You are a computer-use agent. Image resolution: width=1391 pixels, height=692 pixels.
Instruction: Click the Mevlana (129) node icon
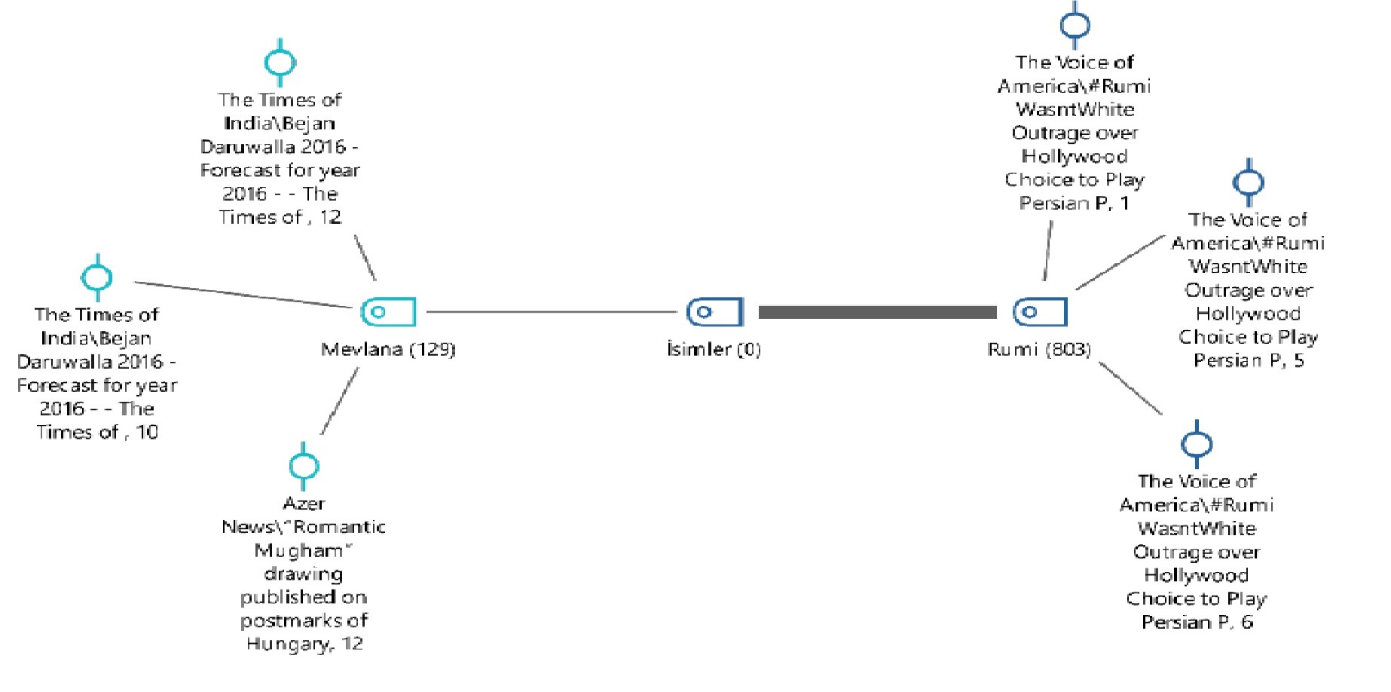pyautogui.click(x=388, y=311)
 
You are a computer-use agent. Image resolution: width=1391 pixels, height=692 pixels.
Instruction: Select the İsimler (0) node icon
pyautogui.click(x=714, y=311)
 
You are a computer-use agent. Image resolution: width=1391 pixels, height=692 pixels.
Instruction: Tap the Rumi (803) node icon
pyautogui.click(x=1040, y=311)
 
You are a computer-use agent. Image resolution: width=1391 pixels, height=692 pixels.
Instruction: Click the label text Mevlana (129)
pyautogui.click(x=388, y=349)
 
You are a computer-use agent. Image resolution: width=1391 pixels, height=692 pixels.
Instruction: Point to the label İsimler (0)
pyautogui.click(x=714, y=349)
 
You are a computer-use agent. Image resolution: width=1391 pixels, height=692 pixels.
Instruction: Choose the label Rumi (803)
pyautogui.click(x=1039, y=349)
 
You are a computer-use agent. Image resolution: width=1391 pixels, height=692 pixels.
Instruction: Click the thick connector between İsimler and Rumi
pyautogui.click(x=877, y=312)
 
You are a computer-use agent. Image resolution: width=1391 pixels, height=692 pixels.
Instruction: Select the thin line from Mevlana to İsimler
pyautogui.click(x=550, y=311)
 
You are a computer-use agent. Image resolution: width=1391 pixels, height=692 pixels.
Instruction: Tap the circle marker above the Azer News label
pyautogui.click(x=304, y=465)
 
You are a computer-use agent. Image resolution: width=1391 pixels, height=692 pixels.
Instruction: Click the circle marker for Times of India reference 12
pyautogui.click(x=280, y=63)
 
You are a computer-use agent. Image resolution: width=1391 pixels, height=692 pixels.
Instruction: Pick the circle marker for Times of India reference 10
pyautogui.click(x=96, y=277)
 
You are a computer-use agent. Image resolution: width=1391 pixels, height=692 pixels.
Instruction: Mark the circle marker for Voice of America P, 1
pyautogui.click(x=1075, y=25)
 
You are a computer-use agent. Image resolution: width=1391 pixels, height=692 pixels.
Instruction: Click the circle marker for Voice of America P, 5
pyautogui.click(x=1248, y=182)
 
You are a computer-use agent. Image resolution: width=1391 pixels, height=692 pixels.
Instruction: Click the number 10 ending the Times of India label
pyautogui.click(x=147, y=433)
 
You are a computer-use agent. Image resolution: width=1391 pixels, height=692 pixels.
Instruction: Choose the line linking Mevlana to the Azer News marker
pyautogui.click(x=339, y=401)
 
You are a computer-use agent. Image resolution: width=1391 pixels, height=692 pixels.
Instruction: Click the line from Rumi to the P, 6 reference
pyautogui.click(x=1130, y=388)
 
